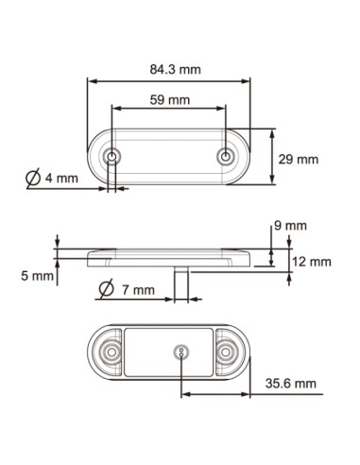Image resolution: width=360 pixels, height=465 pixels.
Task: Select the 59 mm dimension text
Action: pos(170,98)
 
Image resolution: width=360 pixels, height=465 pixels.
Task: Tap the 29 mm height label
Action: pos(299,160)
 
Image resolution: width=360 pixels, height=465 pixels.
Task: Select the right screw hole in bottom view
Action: pos(227,353)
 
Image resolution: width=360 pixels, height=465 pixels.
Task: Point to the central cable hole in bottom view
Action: pos(181,353)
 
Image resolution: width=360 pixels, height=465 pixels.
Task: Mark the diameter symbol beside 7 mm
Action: pos(106,288)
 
